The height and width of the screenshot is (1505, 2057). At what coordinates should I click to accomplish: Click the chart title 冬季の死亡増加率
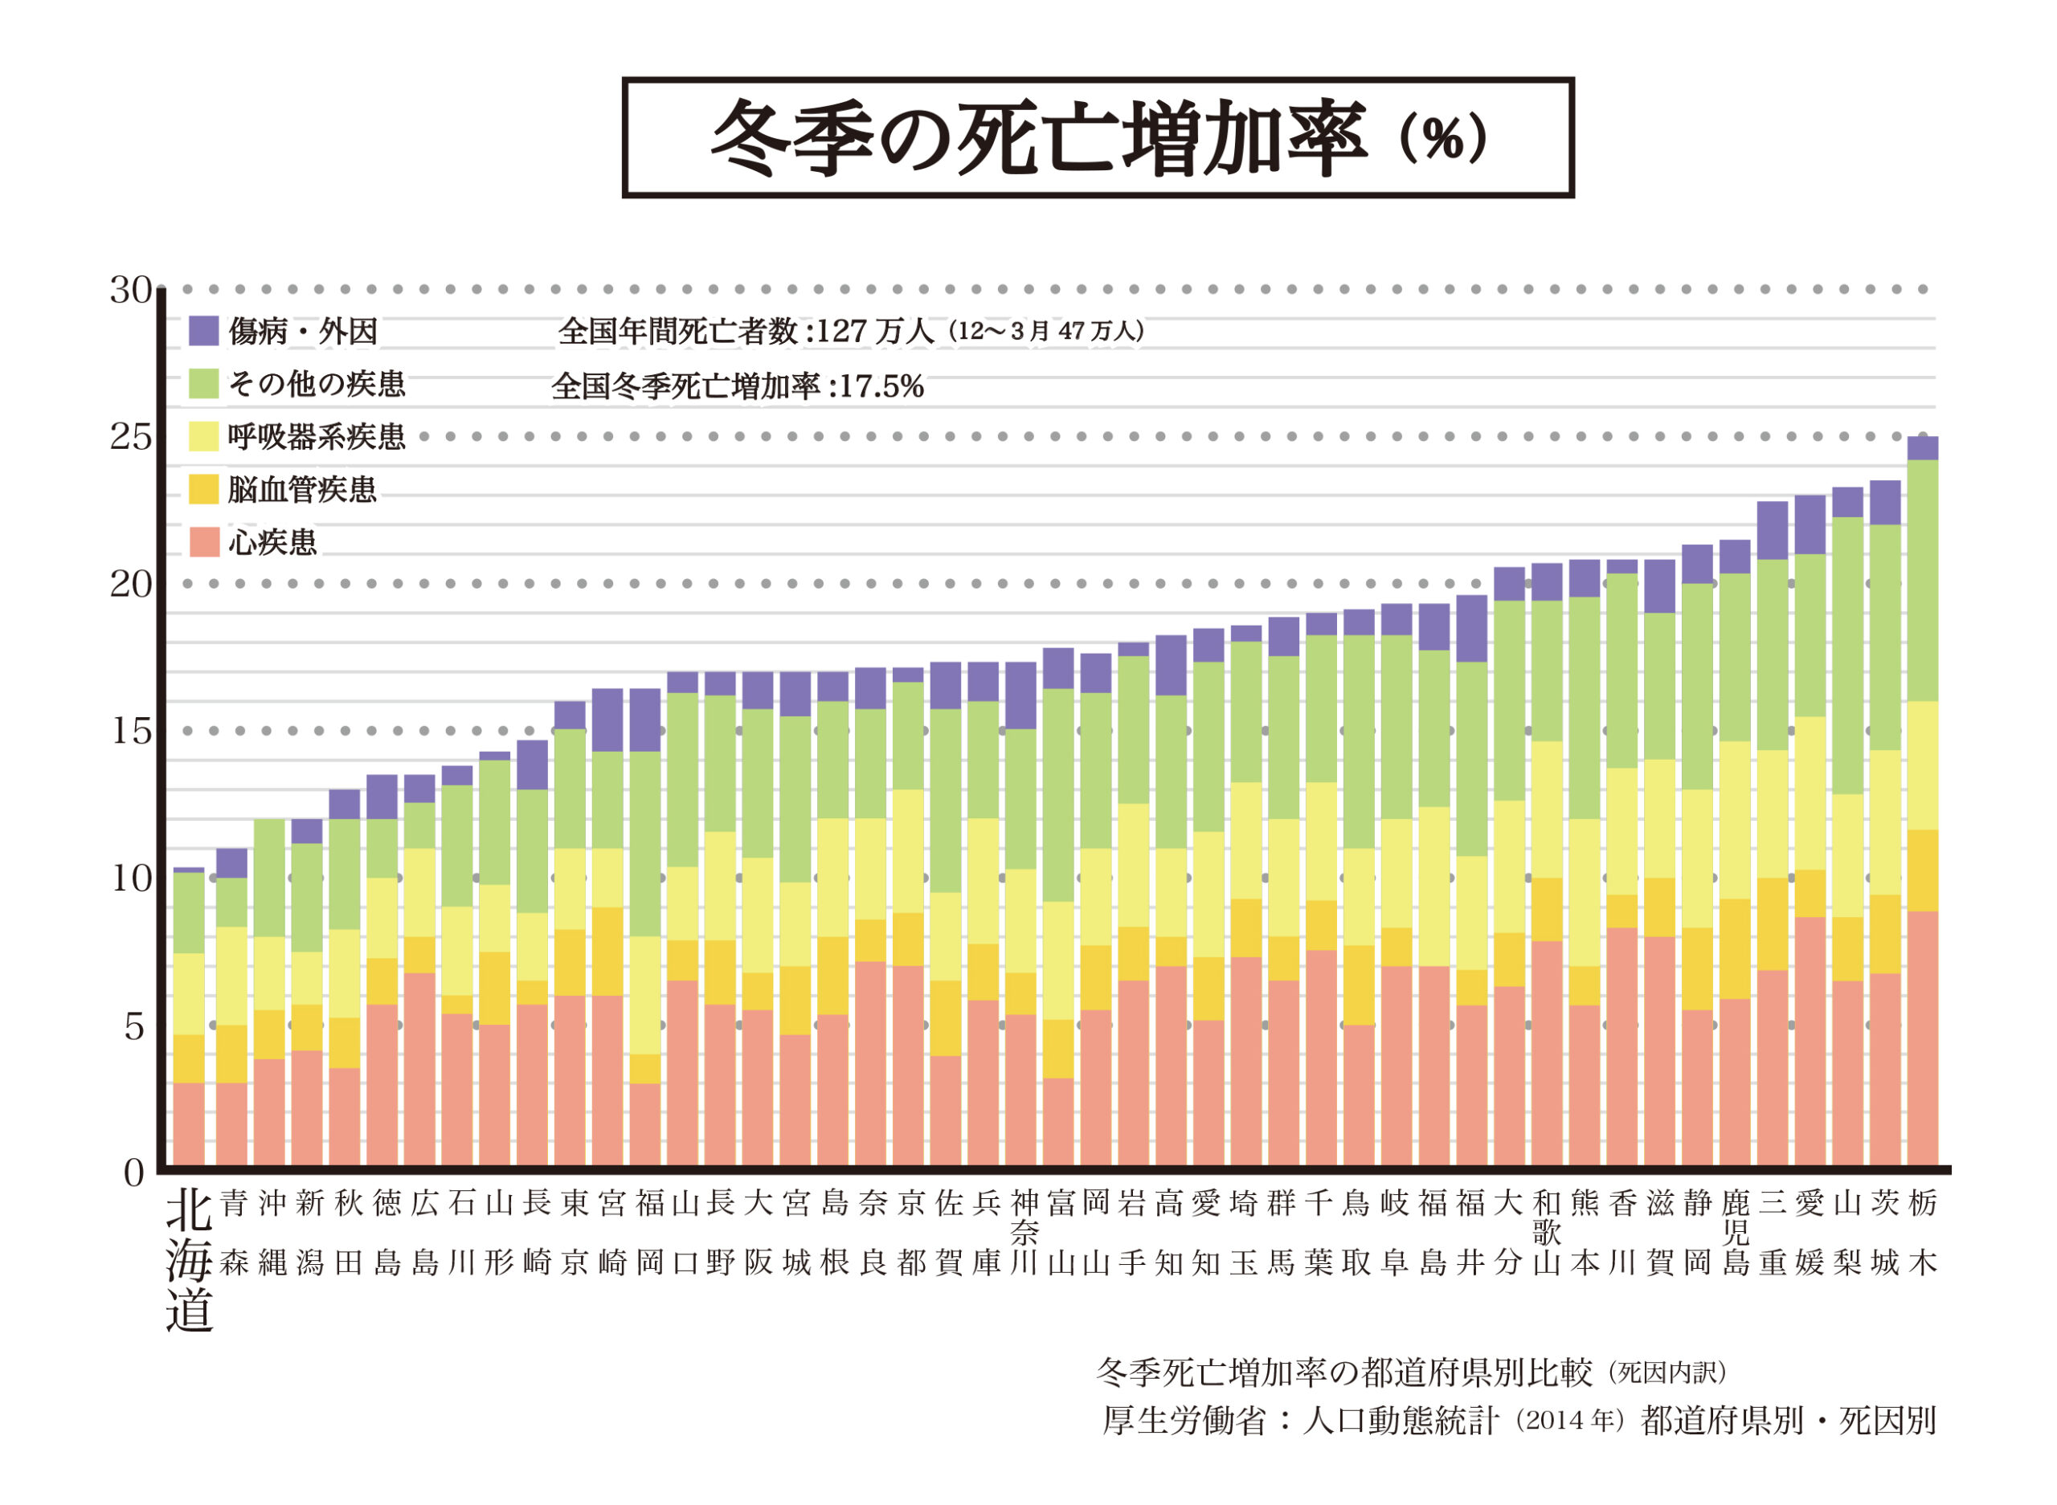(1039, 138)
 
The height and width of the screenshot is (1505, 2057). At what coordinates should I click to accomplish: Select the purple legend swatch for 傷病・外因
(203, 331)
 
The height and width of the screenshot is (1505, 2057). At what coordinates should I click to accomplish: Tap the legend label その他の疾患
(317, 385)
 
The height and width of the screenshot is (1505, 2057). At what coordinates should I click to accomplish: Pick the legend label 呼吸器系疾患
(317, 438)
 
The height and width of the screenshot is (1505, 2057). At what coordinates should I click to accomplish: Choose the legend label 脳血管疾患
(301, 490)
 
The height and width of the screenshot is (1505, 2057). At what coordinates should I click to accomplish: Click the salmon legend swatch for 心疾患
(203, 542)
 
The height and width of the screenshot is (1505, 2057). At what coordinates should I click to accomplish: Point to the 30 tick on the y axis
(130, 291)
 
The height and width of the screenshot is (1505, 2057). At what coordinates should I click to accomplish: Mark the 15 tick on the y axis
(130, 732)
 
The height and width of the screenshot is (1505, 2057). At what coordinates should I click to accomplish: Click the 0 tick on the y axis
(134, 1173)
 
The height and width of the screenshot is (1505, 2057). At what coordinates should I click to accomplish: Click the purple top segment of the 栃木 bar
(1922, 448)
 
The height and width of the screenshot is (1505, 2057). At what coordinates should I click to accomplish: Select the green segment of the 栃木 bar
(1922, 581)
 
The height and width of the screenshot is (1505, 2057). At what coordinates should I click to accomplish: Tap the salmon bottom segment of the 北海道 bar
(189, 1123)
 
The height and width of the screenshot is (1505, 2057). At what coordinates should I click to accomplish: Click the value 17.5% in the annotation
(881, 387)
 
